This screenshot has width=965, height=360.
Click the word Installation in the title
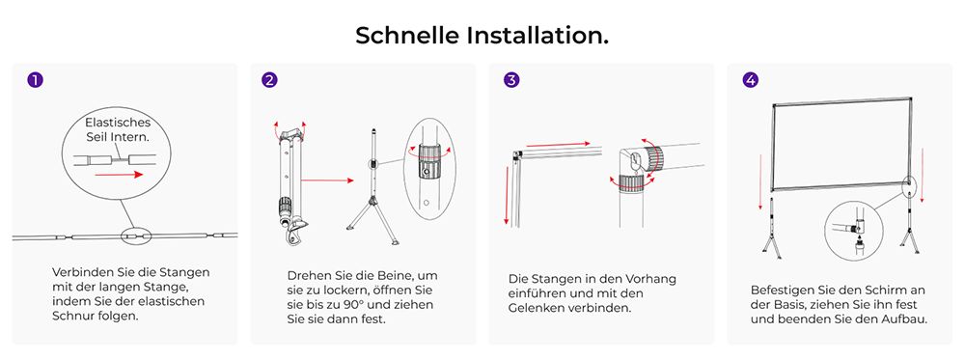pos(538,36)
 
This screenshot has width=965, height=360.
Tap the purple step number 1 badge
pos(35,80)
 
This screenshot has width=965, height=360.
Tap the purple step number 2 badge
pos(270,80)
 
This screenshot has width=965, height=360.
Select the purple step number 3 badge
pos(510,80)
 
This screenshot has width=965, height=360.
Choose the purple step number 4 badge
pos(751,80)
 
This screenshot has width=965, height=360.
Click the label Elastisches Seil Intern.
pos(117,130)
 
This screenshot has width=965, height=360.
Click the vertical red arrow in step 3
pos(506,193)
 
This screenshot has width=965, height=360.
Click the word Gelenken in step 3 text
pos(545,309)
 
